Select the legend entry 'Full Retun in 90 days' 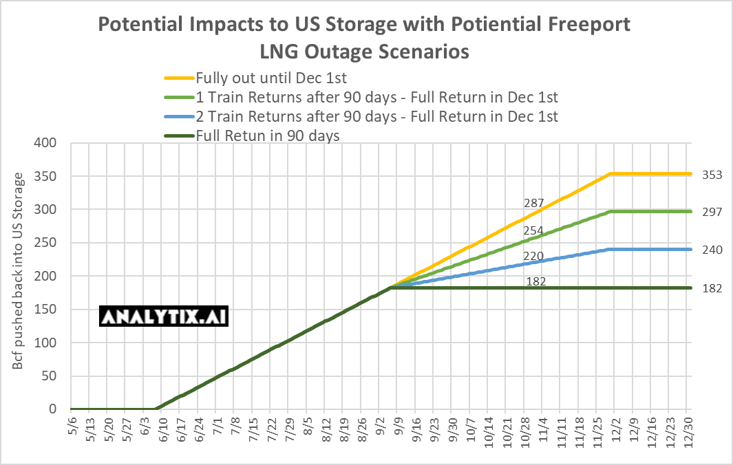pos(268,136)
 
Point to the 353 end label pos(712,175)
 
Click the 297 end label pos(712,212)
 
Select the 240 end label pos(712,250)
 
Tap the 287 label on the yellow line pos(534,203)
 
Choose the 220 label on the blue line pos(534,256)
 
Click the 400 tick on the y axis pos(47,143)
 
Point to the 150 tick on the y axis pos(47,310)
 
